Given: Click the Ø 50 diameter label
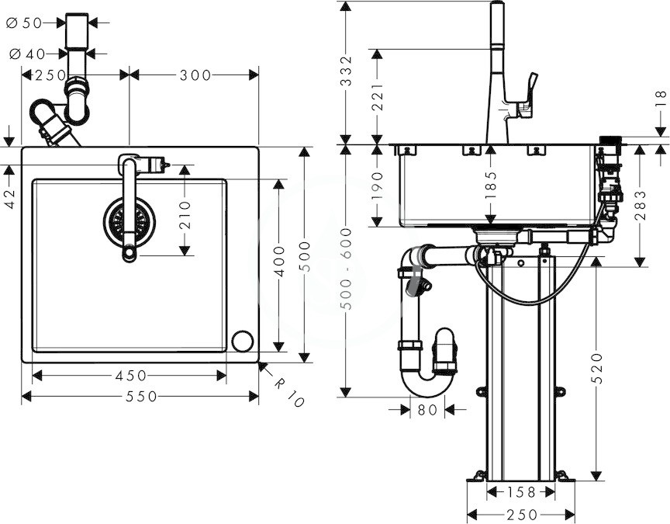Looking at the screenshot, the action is pos(24,23).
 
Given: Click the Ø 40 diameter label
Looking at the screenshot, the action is pos(27,54).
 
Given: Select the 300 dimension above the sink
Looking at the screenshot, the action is pos(195,75).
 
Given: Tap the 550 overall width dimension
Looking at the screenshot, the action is pos(141,397).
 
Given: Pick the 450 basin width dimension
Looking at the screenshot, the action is pos(131,376).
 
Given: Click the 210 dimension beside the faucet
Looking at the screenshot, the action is pos(185,215).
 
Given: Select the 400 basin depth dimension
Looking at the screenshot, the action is pos(279,262).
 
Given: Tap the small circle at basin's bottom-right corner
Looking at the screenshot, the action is pos(242,342).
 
